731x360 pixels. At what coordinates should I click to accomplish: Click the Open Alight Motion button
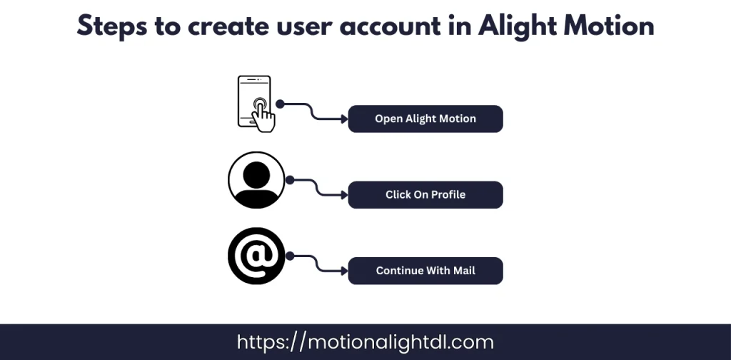425,119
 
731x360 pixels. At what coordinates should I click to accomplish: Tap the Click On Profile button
425,194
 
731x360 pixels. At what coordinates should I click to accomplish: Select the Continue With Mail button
425,271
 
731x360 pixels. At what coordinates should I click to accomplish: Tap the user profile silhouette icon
256,180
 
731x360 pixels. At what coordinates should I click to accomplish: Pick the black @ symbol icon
256,256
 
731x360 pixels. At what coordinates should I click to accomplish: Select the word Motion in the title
608,26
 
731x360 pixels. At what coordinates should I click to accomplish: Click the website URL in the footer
365,342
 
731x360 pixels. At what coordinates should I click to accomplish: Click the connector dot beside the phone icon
281,104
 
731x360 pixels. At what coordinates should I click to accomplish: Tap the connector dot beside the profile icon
289,180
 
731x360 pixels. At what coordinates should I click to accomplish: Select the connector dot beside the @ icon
289,256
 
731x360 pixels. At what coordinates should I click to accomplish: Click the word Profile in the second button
447,194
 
